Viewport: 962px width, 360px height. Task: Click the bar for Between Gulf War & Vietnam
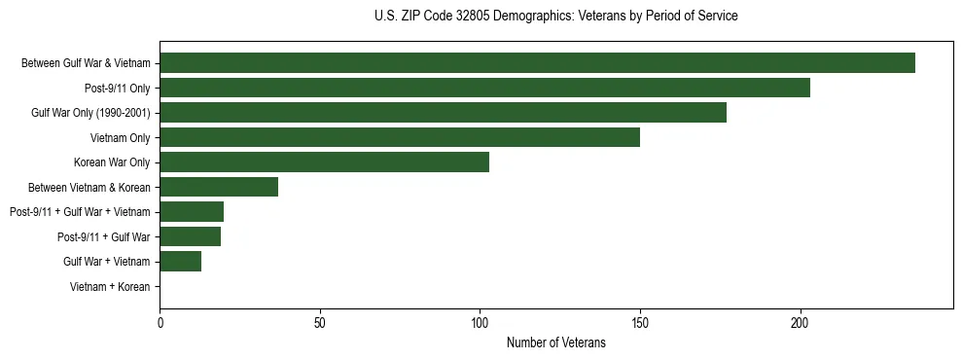coord(537,63)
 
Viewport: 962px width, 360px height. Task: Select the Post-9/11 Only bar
coord(484,89)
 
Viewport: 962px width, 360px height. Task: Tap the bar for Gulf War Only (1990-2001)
coord(443,113)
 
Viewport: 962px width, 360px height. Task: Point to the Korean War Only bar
coord(324,162)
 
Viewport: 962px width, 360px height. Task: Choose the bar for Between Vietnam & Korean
coord(219,188)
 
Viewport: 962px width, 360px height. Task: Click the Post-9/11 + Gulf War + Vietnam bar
coord(192,212)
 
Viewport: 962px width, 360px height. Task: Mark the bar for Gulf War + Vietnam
coord(180,262)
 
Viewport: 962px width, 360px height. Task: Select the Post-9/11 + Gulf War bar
coord(190,237)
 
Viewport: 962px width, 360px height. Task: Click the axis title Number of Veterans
coord(556,342)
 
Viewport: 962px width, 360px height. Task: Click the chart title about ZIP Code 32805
coord(556,16)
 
